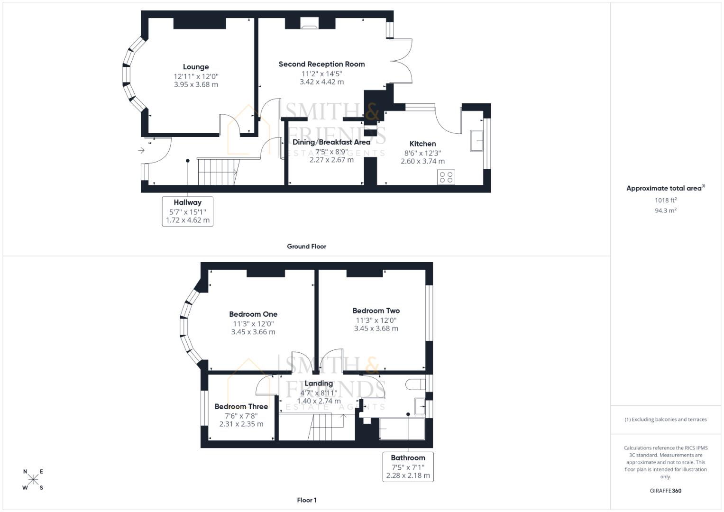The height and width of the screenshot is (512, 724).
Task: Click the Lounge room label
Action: (x=196, y=67)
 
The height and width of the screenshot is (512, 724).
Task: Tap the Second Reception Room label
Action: (x=321, y=64)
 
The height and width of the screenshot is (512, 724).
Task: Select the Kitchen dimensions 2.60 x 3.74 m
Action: (x=423, y=161)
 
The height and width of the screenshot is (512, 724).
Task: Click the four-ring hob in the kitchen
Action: (x=446, y=177)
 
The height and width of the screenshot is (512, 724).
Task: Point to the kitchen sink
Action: (x=477, y=141)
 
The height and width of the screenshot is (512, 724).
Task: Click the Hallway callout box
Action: (x=187, y=211)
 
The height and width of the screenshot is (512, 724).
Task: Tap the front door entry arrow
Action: (x=141, y=150)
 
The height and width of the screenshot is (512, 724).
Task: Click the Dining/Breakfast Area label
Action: (x=331, y=142)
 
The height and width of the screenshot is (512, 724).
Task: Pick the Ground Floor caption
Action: (x=307, y=247)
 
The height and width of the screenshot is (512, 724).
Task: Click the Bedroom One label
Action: (x=253, y=314)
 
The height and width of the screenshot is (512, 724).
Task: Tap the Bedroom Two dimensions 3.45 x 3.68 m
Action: (x=376, y=329)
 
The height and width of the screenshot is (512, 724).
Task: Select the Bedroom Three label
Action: (x=241, y=407)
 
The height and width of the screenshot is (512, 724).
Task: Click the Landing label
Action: (x=319, y=384)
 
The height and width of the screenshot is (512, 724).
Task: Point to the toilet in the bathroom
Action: (x=415, y=384)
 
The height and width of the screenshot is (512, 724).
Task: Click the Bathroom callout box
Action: (x=408, y=467)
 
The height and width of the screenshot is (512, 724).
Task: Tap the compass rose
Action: (x=33, y=479)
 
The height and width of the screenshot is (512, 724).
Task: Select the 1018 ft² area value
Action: (x=666, y=200)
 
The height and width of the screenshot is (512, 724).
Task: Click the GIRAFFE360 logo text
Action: (x=666, y=491)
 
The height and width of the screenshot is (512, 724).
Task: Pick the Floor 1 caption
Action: (x=307, y=500)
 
